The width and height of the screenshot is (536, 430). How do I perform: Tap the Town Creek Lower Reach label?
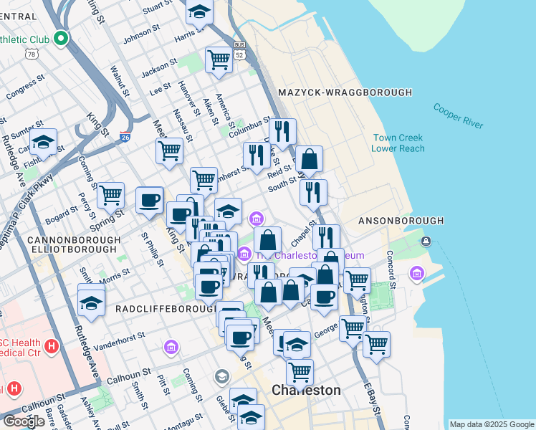(397, 143)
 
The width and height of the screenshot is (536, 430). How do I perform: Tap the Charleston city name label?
(306, 391)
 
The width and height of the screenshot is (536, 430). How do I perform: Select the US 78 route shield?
(31, 54)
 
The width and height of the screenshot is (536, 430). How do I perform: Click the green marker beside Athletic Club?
(62, 39)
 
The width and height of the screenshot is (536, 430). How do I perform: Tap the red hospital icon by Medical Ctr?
(51, 347)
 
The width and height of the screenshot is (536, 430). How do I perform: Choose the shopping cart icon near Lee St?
(219, 60)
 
